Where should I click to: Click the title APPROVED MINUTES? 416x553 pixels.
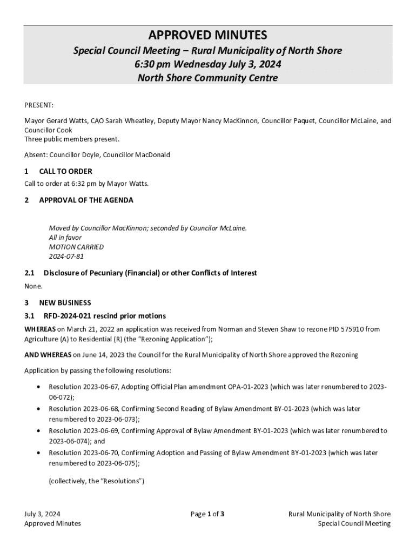(208, 36)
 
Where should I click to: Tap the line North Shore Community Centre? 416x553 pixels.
(208, 78)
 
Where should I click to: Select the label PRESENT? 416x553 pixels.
(39, 105)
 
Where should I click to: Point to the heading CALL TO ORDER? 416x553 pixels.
(65, 171)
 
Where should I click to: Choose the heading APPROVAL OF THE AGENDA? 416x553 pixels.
(86, 200)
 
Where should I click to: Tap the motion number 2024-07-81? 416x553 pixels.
(66, 257)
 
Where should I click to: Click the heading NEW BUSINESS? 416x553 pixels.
(65, 303)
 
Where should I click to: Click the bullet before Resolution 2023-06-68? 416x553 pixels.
(37, 409)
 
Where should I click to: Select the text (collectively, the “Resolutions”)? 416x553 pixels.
(96, 481)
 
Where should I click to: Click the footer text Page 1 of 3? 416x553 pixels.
(207, 514)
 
